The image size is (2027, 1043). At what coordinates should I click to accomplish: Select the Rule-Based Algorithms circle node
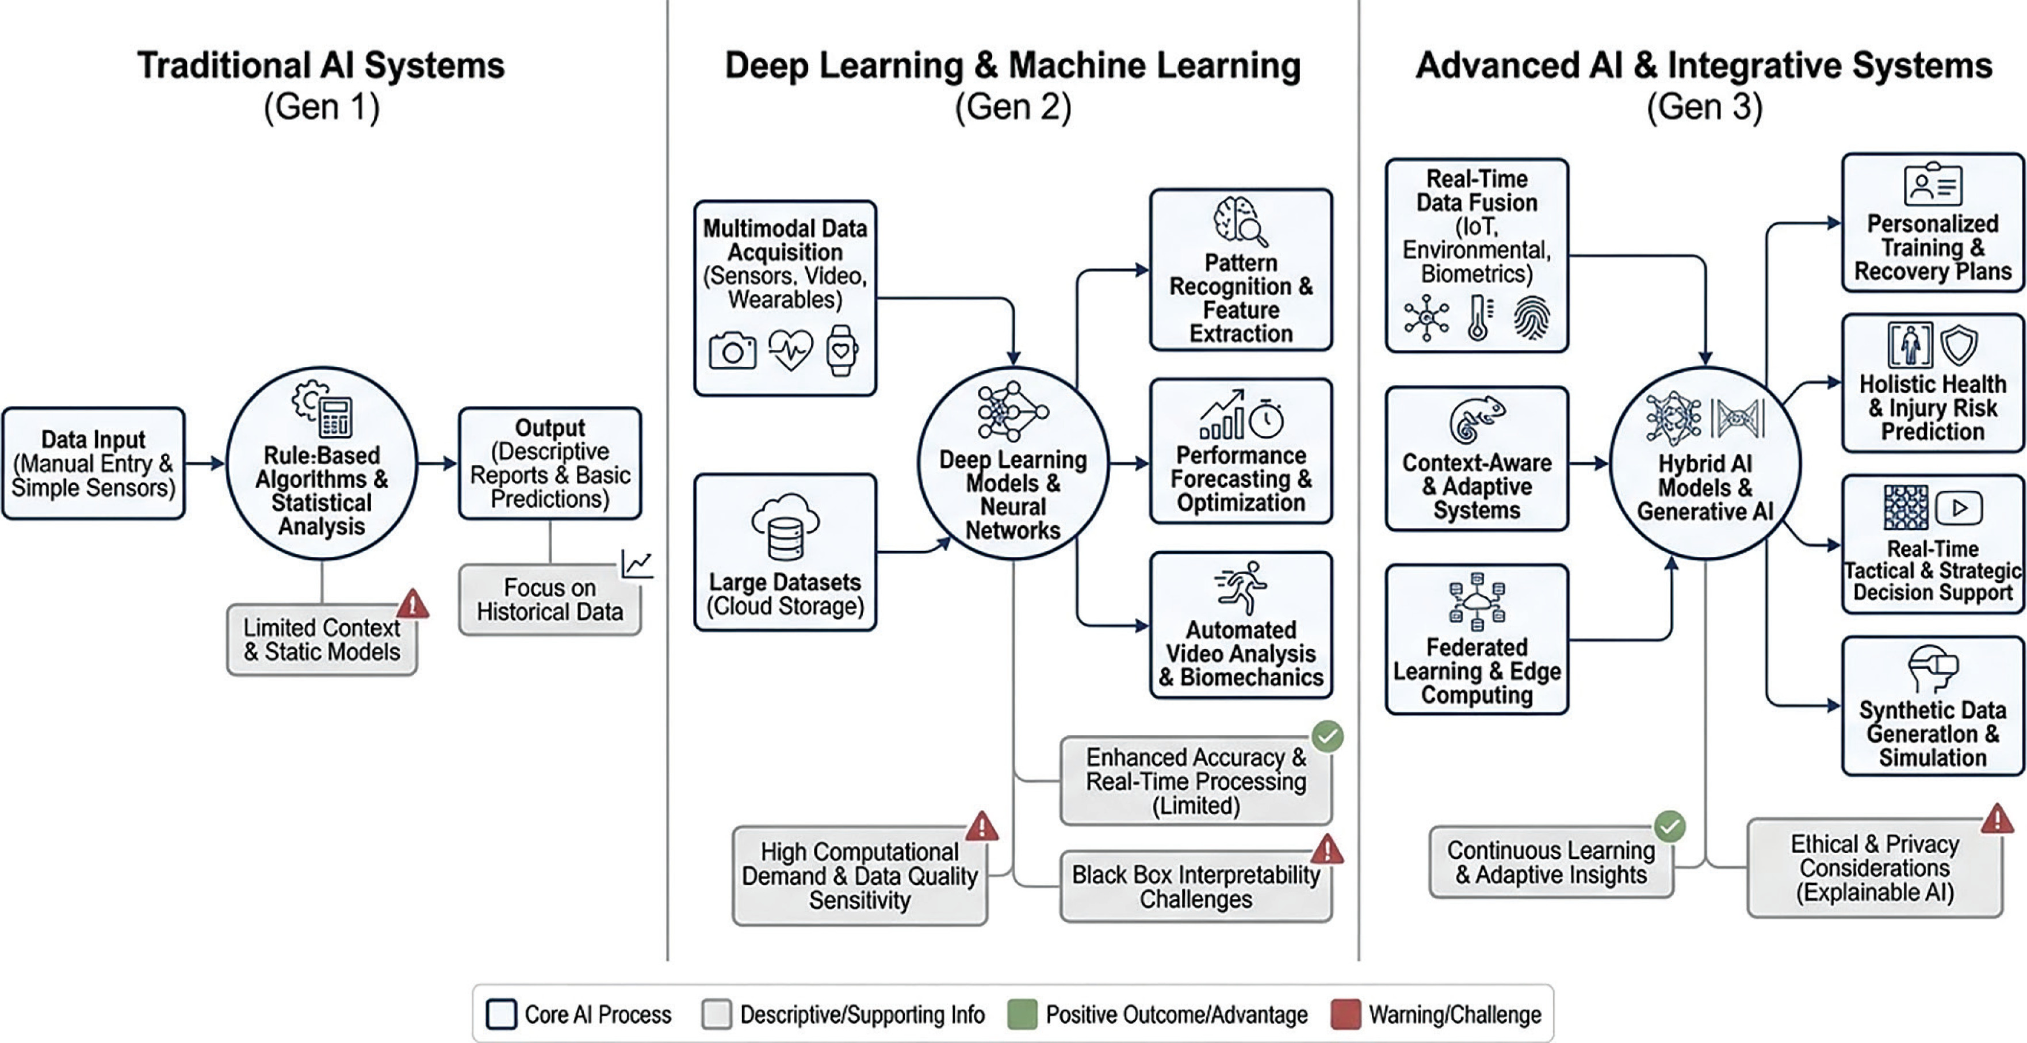tap(322, 463)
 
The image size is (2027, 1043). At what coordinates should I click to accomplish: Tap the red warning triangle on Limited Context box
tap(412, 603)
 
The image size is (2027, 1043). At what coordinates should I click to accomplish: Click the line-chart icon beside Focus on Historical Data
tap(637, 564)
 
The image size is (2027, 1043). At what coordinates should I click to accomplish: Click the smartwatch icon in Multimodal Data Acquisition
tap(841, 350)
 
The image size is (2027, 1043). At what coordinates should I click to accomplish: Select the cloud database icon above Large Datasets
tap(785, 526)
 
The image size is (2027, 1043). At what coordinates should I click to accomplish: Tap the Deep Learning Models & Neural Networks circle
tap(1013, 463)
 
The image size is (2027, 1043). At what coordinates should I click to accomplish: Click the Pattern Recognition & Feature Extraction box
tap(1241, 269)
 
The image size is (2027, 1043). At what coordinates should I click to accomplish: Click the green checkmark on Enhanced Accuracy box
tap(1328, 737)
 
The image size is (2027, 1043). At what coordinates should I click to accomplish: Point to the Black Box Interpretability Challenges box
tap(1196, 887)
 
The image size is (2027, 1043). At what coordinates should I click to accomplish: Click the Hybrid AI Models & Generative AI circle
tap(1705, 463)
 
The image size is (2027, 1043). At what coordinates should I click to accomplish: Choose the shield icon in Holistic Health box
tap(1959, 345)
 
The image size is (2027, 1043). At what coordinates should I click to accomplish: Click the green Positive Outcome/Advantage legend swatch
tap(1022, 1014)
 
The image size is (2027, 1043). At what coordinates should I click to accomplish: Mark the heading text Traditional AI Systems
tap(321, 66)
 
